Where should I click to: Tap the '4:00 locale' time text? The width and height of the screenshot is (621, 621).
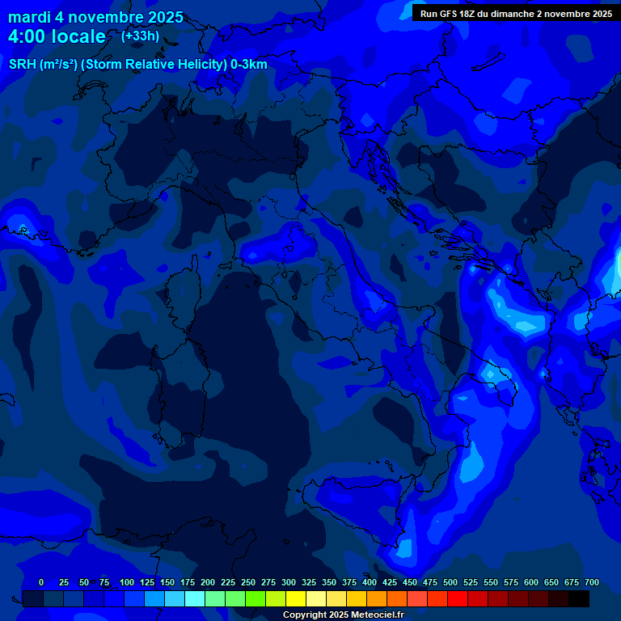click(57, 36)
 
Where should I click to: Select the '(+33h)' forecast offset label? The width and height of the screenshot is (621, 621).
click(140, 36)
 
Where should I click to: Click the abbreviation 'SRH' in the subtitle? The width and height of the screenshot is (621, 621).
click(22, 65)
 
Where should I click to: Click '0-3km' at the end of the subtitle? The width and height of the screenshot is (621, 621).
click(248, 65)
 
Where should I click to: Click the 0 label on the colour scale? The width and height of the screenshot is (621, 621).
click(41, 582)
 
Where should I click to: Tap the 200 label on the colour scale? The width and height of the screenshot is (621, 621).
click(208, 582)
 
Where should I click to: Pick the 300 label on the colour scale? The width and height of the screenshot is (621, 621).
click(289, 582)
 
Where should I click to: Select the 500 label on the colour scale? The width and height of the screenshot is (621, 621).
click(450, 582)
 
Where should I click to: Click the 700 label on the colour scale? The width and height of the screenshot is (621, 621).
click(592, 582)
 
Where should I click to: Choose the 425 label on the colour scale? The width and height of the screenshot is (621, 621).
click(390, 582)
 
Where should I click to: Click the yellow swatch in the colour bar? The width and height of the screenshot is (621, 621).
click(296, 598)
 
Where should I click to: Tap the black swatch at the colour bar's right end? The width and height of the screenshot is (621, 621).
click(579, 598)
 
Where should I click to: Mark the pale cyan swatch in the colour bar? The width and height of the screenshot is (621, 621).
click(195, 598)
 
